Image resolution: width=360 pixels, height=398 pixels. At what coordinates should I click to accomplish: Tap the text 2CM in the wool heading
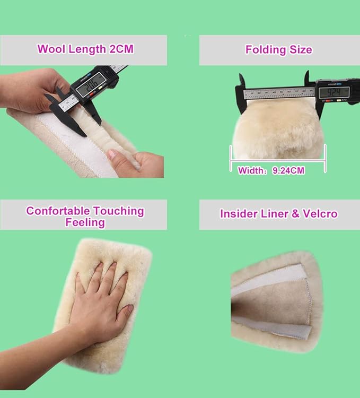pyautogui.click(x=121, y=49)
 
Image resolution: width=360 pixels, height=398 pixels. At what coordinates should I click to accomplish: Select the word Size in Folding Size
pyautogui.click(x=301, y=49)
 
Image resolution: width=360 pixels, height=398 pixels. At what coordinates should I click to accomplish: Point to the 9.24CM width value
pyautogui.click(x=288, y=170)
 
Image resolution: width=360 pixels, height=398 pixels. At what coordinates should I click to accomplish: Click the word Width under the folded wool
pyautogui.click(x=250, y=170)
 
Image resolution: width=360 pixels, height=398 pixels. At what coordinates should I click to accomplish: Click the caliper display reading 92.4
pyautogui.click(x=334, y=92)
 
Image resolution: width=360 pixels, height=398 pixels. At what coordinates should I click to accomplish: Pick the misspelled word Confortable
pyautogui.click(x=58, y=211)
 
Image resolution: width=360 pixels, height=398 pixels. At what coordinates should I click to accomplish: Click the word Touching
pyautogui.click(x=119, y=211)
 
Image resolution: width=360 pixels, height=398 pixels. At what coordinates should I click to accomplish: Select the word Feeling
pyautogui.click(x=85, y=222)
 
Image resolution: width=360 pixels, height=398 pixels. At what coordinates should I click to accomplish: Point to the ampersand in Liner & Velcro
pyautogui.click(x=295, y=214)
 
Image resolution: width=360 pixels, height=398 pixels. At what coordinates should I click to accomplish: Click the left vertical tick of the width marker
pyautogui.click(x=231, y=158)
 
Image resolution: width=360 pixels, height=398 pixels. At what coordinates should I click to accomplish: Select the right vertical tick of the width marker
pyautogui.click(x=325, y=158)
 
